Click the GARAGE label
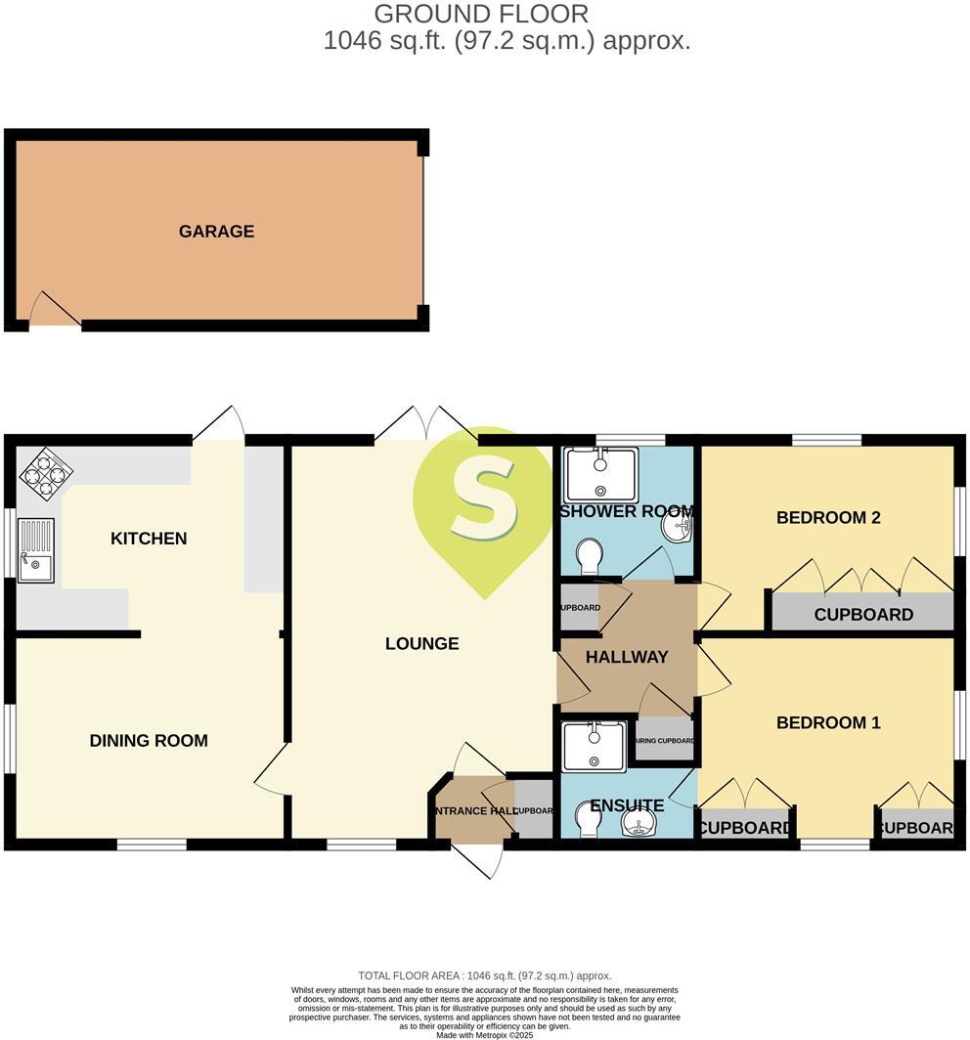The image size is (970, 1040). (216, 232)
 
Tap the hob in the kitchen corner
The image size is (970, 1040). (46, 474)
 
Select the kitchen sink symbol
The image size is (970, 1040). (36, 550)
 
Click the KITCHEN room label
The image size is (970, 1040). (149, 539)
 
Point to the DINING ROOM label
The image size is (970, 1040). (149, 741)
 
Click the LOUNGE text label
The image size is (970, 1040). (421, 643)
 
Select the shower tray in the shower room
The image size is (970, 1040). (600, 474)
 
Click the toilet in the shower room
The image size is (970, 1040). (591, 557)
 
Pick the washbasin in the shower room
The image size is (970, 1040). (678, 529)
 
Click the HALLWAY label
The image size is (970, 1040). (627, 657)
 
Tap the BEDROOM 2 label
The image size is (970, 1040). (828, 517)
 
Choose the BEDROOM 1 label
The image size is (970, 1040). (828, 722)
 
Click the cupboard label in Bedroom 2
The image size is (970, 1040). (863, 615)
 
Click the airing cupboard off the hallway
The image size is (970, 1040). (665, 740)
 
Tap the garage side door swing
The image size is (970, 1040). (53, 311)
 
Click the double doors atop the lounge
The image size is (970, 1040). (426, 425)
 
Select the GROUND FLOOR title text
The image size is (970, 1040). (482, 14)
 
